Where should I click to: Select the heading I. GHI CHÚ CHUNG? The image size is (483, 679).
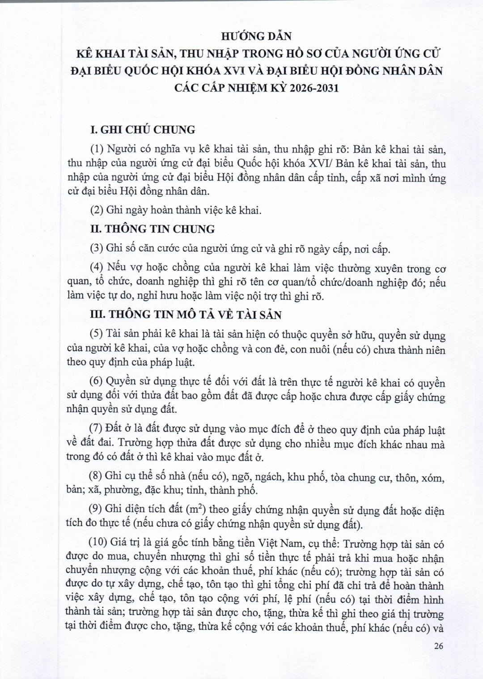pyautogui.click(x=143, y=130)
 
